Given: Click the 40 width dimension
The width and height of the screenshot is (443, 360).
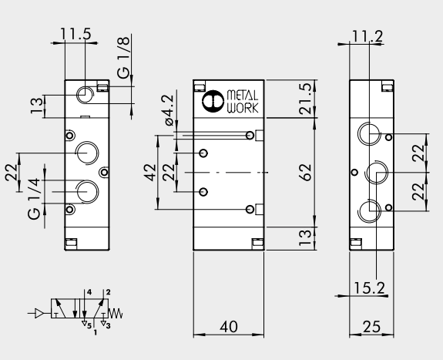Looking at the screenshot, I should point(229,327).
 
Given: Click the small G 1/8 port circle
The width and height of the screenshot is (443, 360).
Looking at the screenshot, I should point(84,95).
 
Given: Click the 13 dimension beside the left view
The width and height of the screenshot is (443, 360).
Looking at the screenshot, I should point(35,105).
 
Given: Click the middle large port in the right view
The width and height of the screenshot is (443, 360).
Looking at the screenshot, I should point(375,172).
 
